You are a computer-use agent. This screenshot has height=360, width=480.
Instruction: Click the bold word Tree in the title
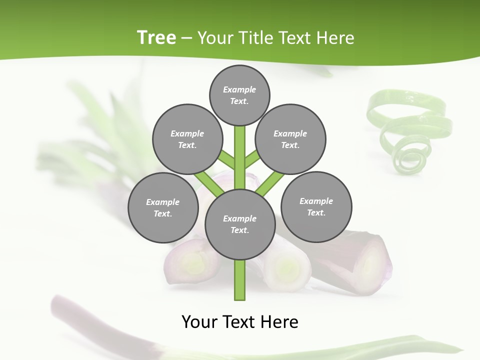pyautogui.click(x=156, y=37)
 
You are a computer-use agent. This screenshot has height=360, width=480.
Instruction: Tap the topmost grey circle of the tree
pyautogui.click(x=239, y=95)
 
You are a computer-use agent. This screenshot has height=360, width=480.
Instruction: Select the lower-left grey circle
pyautogui.click(x=163, y=207)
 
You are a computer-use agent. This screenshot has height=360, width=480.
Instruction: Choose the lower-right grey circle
pyautogui.click(x=316, y=206)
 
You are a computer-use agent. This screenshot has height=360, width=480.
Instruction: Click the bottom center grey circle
pyautogui.click(x=240, y=224)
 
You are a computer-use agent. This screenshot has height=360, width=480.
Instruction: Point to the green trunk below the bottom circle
pyautogui.click(x=240, y=280)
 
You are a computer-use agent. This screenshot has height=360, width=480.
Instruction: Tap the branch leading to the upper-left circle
pyautogui.click(x=226, y=160)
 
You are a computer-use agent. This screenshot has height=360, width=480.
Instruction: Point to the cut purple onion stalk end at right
pyautogui.click(x=372, y=260)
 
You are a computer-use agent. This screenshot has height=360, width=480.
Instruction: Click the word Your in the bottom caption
pyautogui.click(x=199, y=321)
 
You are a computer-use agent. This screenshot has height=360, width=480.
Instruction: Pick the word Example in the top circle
pyautogui.click(x=239, y=89)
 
